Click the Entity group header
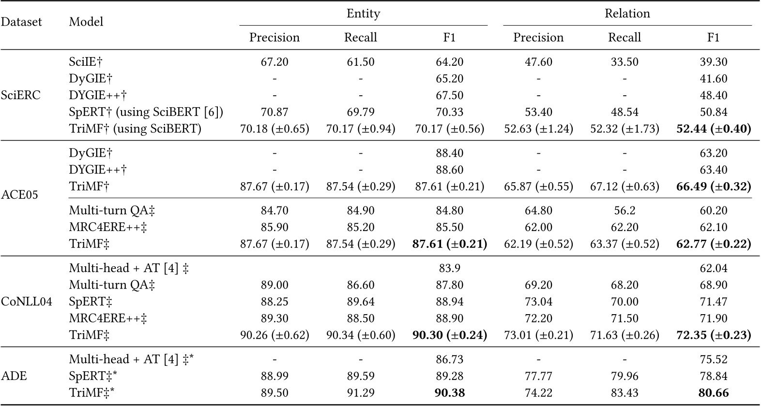point(363,14)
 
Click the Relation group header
point(627,14)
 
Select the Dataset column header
point(21,22)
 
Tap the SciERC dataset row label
point(21,95)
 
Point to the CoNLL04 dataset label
point(27,302)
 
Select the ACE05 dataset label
point(19,195)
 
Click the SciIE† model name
point(86,62)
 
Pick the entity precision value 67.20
point(274,62)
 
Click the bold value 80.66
point(713,393)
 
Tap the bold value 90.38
point(449,393)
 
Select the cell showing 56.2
point(624,211)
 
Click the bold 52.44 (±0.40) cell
point(713,129)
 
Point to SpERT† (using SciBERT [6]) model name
point(146,112)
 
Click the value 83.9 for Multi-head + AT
point(449,268)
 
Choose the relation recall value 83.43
point(624,393)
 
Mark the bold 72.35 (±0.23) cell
point(713,335)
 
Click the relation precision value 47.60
point(538,62)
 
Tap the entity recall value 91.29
point(360,393)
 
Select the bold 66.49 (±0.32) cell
point(713,187)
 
